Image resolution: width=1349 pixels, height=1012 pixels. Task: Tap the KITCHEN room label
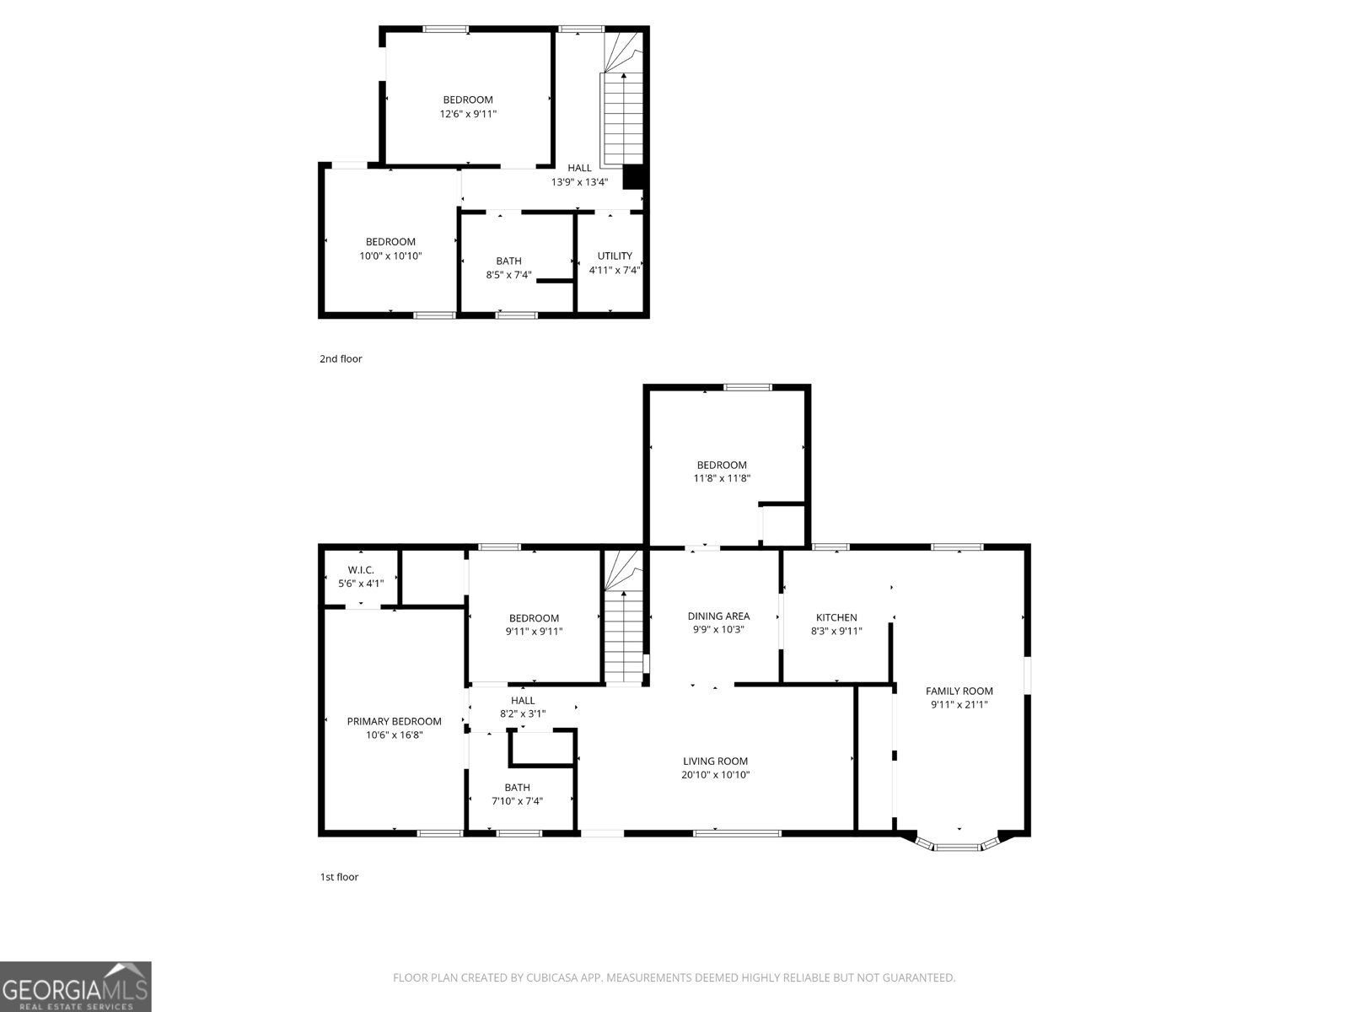point(836,617)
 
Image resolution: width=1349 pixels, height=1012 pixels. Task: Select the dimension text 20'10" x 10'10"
point(716,774)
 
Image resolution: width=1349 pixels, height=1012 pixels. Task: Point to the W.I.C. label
point(361,570)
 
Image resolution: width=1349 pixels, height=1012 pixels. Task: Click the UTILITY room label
point(615,256)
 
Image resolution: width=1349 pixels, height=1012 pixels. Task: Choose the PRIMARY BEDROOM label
point(394,721)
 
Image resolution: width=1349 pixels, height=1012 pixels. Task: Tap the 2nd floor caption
point(341,358)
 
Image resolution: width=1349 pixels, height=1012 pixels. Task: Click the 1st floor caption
point(339,876)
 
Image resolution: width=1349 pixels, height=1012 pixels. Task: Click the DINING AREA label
point(718,616)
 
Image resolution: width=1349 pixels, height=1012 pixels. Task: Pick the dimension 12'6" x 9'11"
point(468,114)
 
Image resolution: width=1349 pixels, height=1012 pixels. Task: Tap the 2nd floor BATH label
point(508,261)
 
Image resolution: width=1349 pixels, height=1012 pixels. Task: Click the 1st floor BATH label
point(517,787)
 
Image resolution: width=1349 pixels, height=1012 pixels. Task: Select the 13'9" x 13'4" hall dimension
point(579,181)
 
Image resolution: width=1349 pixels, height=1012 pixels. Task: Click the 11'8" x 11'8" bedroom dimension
point(722,478)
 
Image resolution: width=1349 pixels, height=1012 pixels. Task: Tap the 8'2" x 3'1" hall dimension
point(523,713)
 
